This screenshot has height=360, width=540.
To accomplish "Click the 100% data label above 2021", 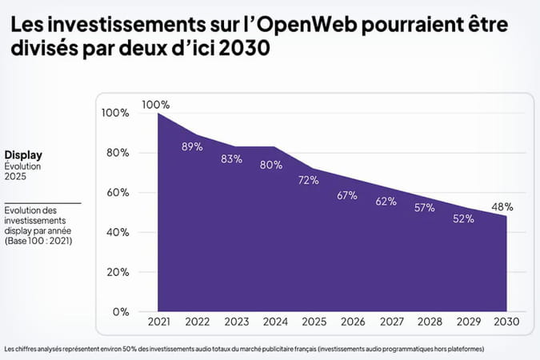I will tap(156, 105).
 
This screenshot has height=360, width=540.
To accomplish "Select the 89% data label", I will tap(192, 146).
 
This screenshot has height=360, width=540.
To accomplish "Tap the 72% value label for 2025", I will tap(309, 180).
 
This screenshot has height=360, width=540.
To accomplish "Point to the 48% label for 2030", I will tap(502, 206).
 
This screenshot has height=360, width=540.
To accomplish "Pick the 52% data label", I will tap(463, 219).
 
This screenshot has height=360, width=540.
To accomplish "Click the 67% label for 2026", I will tap(347, 195).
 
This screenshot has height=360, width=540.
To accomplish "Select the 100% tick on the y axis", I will tap(115, 113).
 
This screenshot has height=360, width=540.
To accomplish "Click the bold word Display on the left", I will tap(23, 155).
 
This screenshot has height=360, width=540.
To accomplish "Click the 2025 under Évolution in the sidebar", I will tap(16, 177).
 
